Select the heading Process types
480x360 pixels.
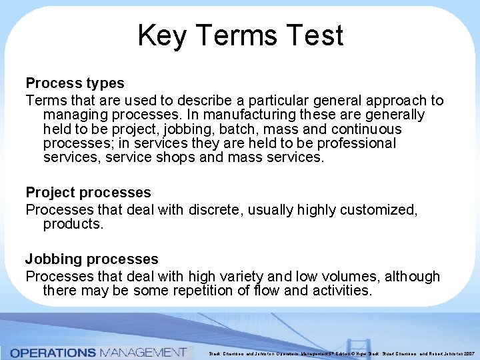tap(75, 83)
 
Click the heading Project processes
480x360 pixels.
tap(88, 193)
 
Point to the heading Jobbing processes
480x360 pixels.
tap(92, 259)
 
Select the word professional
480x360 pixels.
tap(357, 143)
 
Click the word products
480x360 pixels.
tap(73, 224)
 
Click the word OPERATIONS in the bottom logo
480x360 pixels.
tap(53, 352)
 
